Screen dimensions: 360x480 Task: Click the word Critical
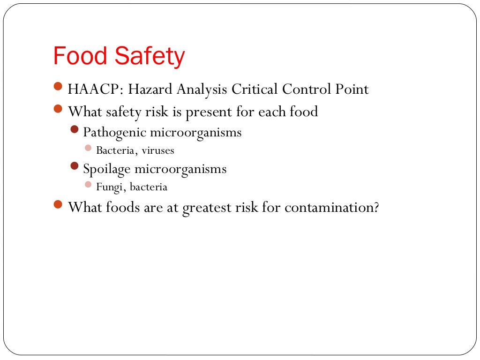tap(253, 89)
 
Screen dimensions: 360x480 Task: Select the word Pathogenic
tap(114, 133)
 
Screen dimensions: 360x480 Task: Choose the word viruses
tap(158, 150)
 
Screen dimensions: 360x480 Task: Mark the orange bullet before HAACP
tap(58, 86)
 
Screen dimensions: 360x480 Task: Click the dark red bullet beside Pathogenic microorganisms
tap(75, 129)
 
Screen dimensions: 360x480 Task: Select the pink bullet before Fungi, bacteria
tap(88, 185)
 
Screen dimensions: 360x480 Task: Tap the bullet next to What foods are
tap(58, 204)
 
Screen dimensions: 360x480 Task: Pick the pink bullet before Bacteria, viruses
tap(88, 148)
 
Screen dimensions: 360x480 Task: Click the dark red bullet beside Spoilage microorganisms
tap(75, 166)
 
